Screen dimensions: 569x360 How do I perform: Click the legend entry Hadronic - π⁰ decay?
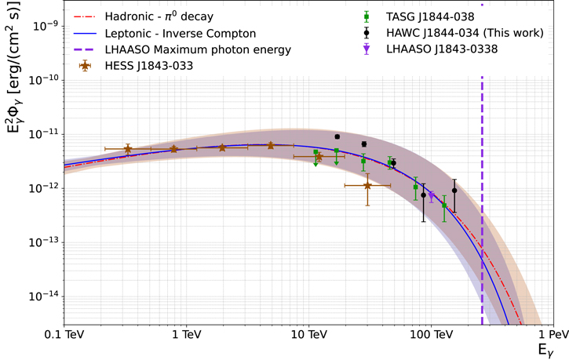coord(159,16)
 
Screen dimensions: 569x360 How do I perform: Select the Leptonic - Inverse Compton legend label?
coord(181,34)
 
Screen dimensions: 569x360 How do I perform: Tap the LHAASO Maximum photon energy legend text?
coord(198,49)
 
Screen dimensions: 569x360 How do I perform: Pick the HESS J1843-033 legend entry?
coord(149,66)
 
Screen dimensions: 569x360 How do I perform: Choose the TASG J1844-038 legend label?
coord(430,16)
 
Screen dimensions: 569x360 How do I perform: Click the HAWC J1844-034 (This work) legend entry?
coord(465,33)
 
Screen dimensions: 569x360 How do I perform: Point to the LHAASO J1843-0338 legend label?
coord(442,49)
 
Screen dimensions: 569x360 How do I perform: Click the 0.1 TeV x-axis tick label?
coord(64,334)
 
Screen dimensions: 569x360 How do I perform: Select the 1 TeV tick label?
coord(187,334)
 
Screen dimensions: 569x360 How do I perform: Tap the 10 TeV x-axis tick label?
coord(308,334)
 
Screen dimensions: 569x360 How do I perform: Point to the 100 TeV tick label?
coord(431,334)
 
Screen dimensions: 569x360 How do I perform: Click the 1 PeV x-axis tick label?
coord(554,334)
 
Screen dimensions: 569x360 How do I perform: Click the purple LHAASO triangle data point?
coord(432,197)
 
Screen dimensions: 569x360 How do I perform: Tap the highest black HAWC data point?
coord(337,136)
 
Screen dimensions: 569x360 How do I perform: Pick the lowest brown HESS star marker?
coord(367,186)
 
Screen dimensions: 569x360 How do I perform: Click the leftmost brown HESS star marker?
coord(128,149)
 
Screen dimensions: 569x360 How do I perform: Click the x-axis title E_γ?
coord(545,351)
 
